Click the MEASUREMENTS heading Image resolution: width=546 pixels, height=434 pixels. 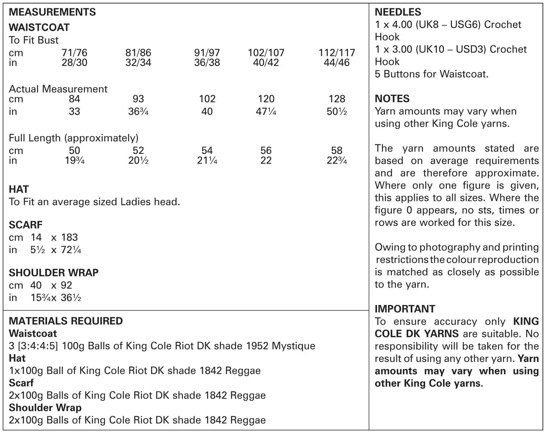52,12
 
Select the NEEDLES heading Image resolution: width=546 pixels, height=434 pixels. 398,12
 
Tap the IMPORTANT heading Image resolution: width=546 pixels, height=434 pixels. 405,309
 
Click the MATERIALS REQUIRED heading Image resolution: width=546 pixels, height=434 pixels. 66,321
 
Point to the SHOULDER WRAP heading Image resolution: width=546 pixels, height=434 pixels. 54,273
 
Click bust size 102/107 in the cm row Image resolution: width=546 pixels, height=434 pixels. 266,53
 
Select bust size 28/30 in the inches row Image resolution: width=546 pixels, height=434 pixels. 74,63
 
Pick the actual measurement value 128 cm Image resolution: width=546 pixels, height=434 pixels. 337,99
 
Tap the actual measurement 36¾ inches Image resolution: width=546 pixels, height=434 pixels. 138,112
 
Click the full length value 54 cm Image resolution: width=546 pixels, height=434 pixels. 207,151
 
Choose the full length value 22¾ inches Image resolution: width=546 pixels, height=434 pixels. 337,161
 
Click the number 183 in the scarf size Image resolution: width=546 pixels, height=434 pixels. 70,238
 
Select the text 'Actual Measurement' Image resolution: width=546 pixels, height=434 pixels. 58,89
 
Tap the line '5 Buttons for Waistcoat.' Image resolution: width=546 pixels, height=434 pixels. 432,74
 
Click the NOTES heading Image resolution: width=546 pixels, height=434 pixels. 392,99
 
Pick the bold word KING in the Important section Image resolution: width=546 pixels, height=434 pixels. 526,321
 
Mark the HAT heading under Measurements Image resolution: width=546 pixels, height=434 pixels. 19,189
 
